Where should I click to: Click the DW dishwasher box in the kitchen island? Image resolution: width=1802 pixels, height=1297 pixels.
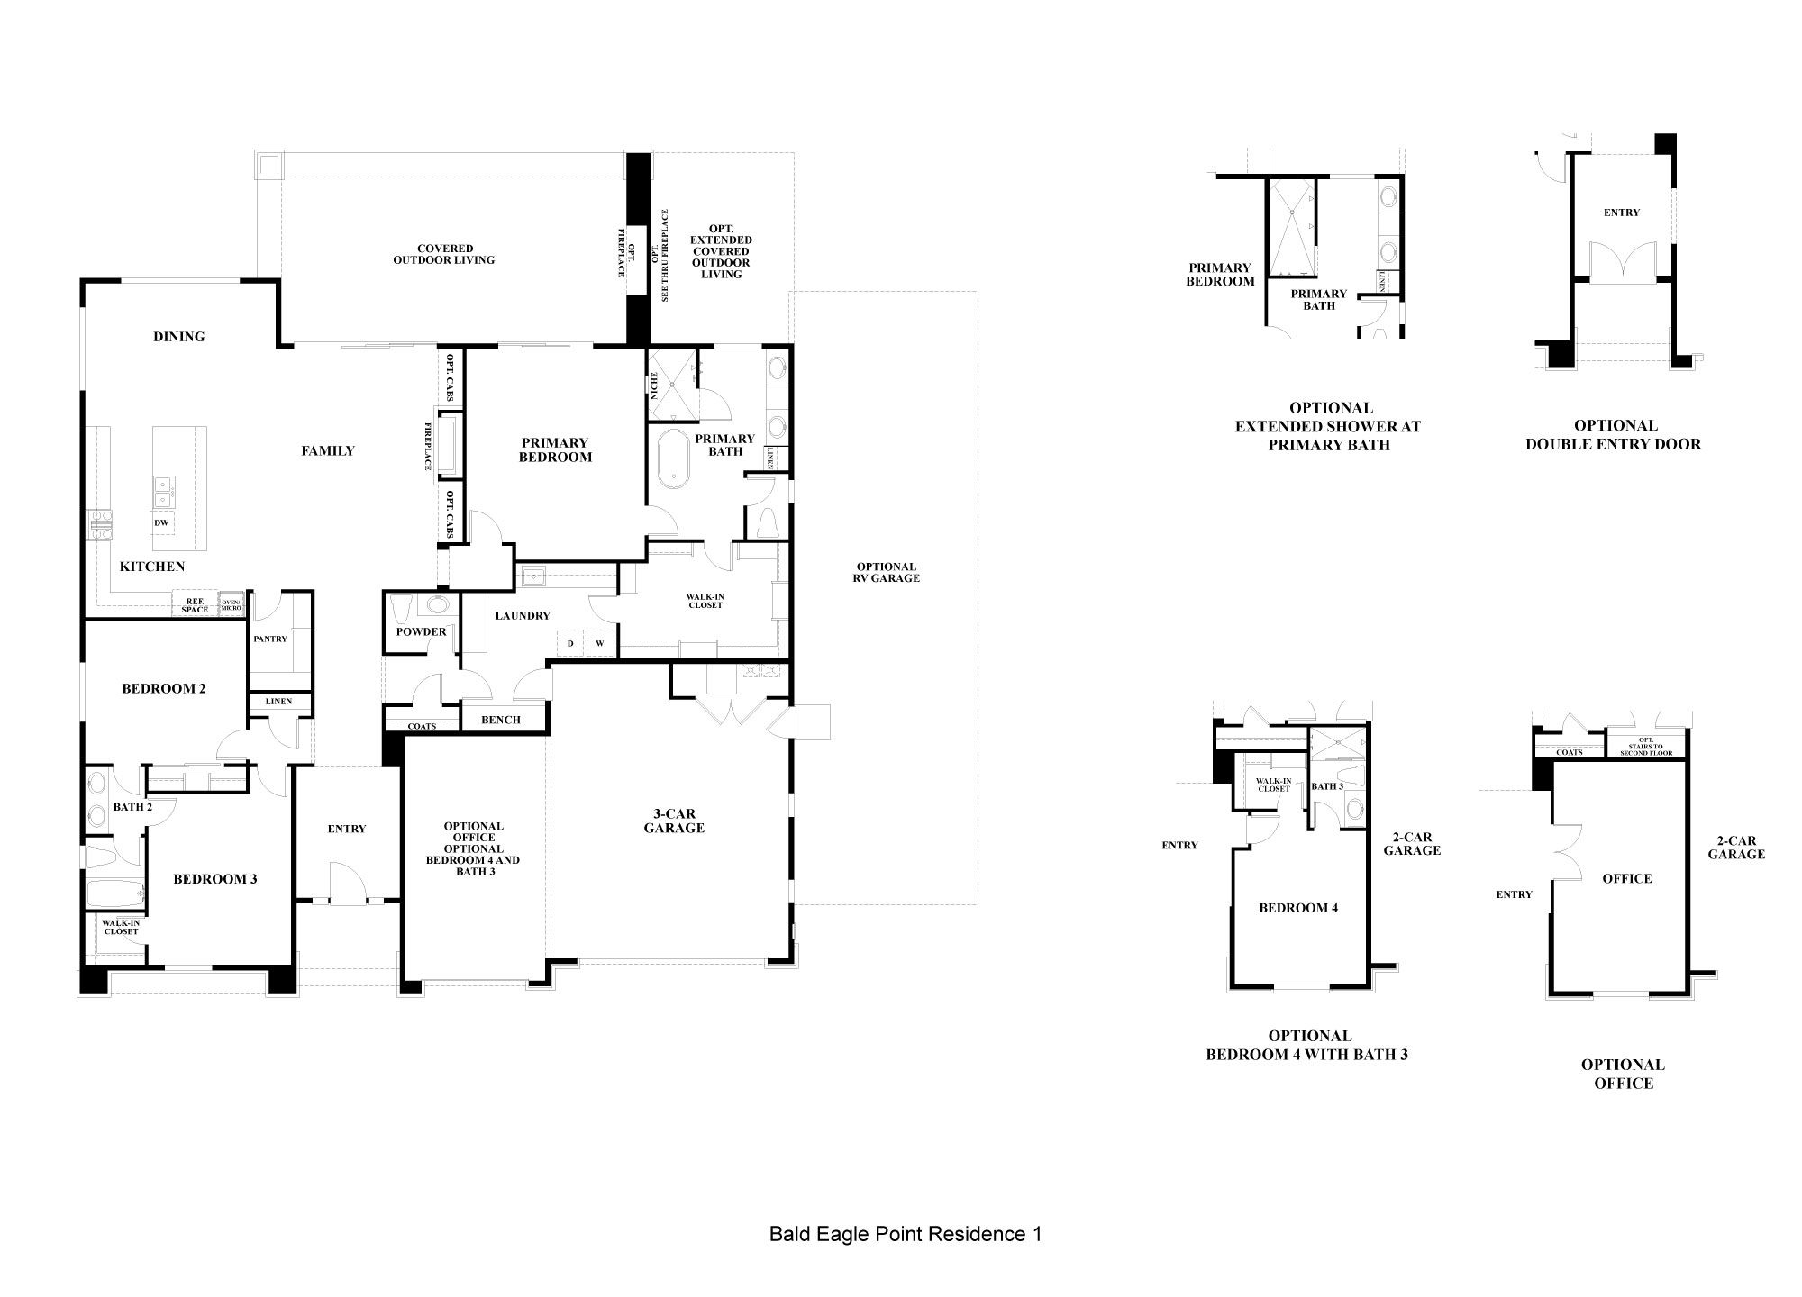(161, 522)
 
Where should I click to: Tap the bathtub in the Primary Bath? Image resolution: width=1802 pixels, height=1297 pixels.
(672, 460)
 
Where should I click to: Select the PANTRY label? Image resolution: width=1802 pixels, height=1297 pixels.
(270, 639)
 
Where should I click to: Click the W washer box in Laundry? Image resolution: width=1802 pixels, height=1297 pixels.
(599, 643)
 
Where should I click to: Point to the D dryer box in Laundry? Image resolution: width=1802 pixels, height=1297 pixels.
(570, 643)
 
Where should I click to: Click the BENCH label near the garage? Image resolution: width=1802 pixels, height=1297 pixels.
(501, 720)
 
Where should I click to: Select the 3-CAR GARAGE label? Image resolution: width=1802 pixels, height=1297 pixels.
(674, 821)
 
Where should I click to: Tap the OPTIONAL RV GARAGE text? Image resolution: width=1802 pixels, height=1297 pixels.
(887, 573)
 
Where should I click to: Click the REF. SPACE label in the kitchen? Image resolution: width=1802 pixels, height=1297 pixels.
(195, 605)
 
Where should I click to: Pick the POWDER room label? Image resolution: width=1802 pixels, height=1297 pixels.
(421, 631)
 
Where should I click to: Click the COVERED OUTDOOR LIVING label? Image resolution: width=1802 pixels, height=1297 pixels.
(444, 254)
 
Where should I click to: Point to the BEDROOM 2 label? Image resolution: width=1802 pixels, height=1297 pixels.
(164, 688)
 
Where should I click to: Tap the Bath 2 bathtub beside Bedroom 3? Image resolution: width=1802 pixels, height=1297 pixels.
(115, 894)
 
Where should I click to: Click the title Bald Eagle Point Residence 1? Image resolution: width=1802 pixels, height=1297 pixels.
(906, 1234)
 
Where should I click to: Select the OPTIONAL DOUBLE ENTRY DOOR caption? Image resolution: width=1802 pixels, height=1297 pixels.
(1614, 434)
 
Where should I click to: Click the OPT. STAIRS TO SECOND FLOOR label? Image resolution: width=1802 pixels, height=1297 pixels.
(1646, 747)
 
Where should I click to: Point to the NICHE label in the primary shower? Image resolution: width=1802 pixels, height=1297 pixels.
(654, 385)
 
